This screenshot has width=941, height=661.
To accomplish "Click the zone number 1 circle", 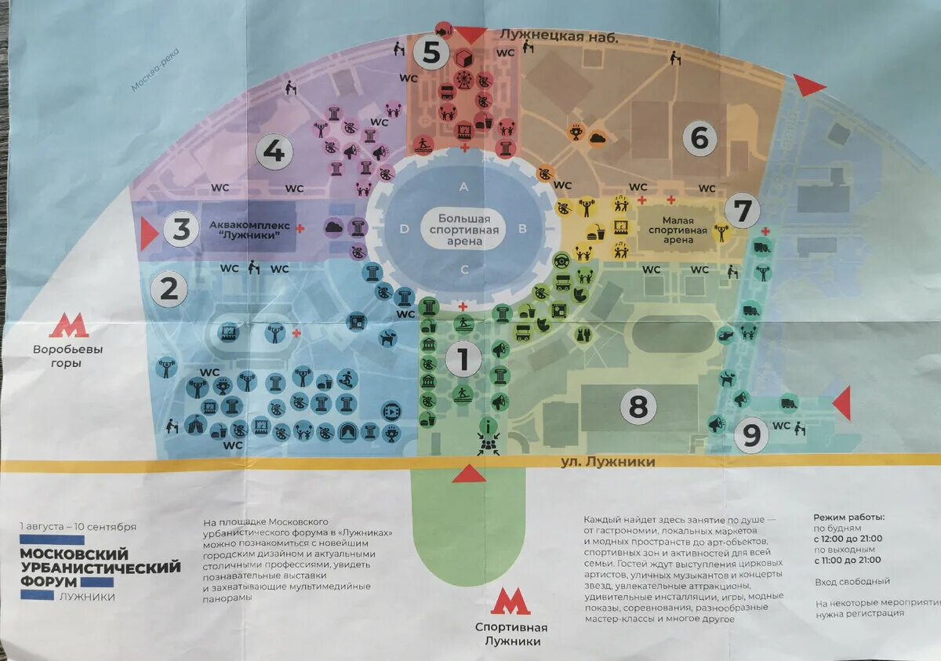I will (x=463, y=360).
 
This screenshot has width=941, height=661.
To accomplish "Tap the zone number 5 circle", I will (x=431, y=53).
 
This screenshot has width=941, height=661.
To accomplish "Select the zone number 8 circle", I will (x=638, y=406).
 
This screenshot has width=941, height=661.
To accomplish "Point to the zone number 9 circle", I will (x=751, y=435).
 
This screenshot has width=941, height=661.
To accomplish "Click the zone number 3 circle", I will (x=181, y=231).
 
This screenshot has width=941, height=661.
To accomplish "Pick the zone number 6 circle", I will (x=699, y=139).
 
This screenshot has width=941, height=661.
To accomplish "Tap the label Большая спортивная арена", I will (x=464, y=231).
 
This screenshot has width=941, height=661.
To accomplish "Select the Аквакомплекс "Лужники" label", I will (x=249, y=231).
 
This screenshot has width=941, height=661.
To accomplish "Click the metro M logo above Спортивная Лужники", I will (x=510, y=602).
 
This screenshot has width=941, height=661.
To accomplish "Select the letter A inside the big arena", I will (x=463, y=187).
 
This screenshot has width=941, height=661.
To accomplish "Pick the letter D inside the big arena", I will (x=404, y=229).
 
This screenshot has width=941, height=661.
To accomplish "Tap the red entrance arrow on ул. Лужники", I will (x=468, y=473).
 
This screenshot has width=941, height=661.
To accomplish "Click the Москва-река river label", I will (x=154, y=69).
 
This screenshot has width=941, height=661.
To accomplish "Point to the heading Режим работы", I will (x=848, y=518).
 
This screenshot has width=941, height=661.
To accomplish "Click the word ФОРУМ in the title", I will (x=49, y=582).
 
